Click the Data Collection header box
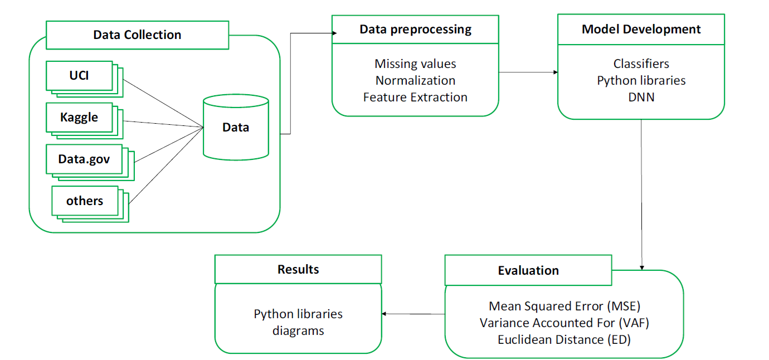point(137,35)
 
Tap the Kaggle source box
point(79,117)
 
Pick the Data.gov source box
point(84,159)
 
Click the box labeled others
point(85,201)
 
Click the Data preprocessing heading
point(415,29)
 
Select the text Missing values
point(415,64)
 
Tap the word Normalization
point(415,81)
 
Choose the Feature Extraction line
point(415,97)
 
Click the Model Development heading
point(641,29)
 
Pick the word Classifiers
point(641,64)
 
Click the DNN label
point(641,97)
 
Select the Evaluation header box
point(528,271)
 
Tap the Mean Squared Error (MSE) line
point(564,306)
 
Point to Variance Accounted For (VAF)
point(564,323)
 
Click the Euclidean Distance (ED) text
point(564,339)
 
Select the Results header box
point(298,270)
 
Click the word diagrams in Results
point(298,330)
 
